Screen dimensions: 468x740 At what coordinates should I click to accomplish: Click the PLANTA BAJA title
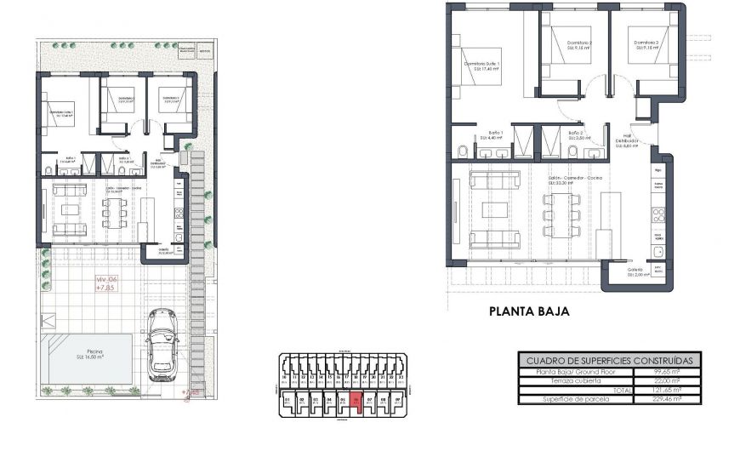tap(528, 311)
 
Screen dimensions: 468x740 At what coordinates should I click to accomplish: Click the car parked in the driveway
tap(162, 345)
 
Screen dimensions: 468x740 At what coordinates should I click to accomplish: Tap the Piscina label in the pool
tap(89, 357)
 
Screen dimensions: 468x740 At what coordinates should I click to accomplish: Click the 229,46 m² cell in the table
tap(667, 398)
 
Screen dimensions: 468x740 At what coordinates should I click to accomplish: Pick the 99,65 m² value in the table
tap(667, 372)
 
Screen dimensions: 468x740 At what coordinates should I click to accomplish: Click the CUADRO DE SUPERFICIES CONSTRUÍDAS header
tap(609, 361)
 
